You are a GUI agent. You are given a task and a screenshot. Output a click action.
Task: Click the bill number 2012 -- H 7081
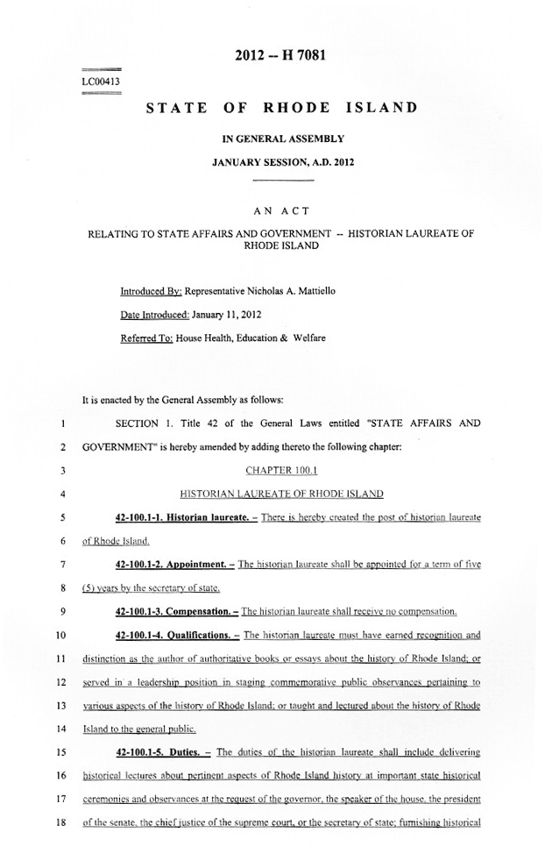click(x=281, y=57)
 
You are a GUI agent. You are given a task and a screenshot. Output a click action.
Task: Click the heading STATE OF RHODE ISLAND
click(x=281, y=109)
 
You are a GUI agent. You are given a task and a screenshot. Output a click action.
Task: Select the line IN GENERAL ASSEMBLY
click(x=282, y=139)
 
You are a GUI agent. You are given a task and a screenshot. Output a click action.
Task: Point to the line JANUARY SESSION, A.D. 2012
click(x=282, y=162)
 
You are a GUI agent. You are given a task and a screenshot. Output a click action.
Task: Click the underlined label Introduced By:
click(x=151, y=290)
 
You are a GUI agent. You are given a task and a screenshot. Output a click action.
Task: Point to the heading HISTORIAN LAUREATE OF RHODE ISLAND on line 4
click(x=281, y=494)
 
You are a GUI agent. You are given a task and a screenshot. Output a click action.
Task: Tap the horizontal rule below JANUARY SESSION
click(x=282, y=180)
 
